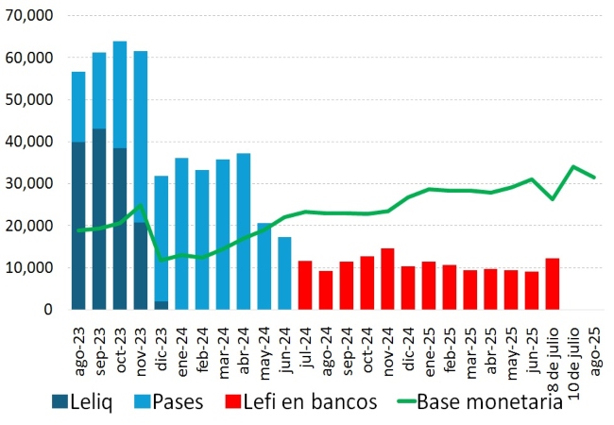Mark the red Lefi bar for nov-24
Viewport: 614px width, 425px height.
pos(387,279)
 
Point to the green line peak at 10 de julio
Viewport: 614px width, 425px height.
pos(573,166)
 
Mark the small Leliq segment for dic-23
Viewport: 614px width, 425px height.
pos(161,305)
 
